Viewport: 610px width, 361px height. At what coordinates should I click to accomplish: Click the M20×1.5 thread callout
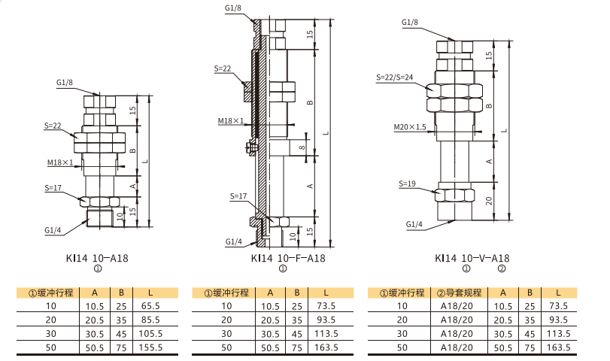(x=410, y=127)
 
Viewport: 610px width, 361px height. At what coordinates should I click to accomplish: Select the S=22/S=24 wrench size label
(x=394, y=77)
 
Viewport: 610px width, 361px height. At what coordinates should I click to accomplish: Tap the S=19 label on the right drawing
(x=407, y=184)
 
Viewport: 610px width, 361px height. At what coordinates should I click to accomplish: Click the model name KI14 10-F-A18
(x=288, y=258)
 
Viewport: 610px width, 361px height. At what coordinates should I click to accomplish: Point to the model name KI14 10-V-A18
(x=472, y=258)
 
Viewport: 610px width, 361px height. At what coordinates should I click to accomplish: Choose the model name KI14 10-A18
(x=97, y=258)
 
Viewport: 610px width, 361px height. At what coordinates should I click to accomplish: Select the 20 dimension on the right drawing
(x=489, y=201)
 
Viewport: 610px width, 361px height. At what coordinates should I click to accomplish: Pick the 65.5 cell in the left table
(x=150, y=306)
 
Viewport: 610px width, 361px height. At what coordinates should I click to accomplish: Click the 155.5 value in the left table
(x=150, y=347)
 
